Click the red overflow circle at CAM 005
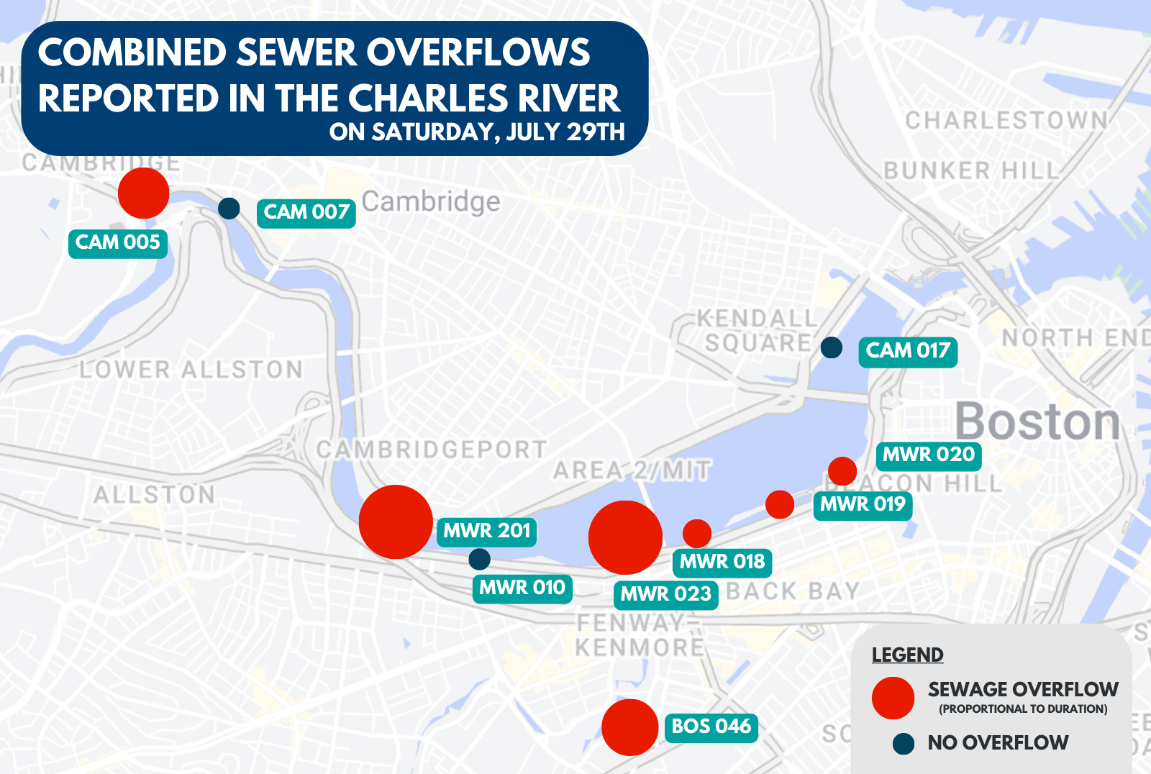[144, 193]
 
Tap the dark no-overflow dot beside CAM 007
[229, 209]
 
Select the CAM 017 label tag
[908, 352]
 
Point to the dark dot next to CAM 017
[832, 347]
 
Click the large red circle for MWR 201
[396, 522]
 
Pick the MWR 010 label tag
[522, 588]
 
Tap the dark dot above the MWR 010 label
[479, 559]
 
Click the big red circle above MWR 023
[625, 537]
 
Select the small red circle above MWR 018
[696, 534]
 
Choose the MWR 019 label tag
[863, 505]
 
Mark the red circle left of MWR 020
[842, 471]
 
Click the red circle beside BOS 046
[630, 727]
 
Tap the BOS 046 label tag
[711, 727]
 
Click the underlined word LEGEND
[907, 655]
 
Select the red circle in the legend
[893, 698]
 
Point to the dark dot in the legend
[904, 744]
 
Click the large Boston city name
[1037, 422]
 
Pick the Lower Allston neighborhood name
[191, 370]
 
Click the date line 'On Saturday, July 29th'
[477, 132]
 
